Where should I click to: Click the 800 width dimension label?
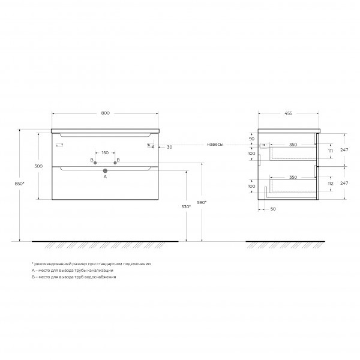[x=106, y=113]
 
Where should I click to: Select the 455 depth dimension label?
[x=289, y=113]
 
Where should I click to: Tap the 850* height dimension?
[x=20, y=184]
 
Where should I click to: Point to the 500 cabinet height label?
[x=38, y=166]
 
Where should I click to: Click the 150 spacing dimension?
[x=105, y=152]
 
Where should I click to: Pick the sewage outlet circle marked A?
[x=105, y=170]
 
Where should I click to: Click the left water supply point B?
[x=95, y=163]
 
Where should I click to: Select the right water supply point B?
[x=115, y=163]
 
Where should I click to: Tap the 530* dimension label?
[x=186, y=206]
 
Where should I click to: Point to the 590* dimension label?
[x=202, y=203]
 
